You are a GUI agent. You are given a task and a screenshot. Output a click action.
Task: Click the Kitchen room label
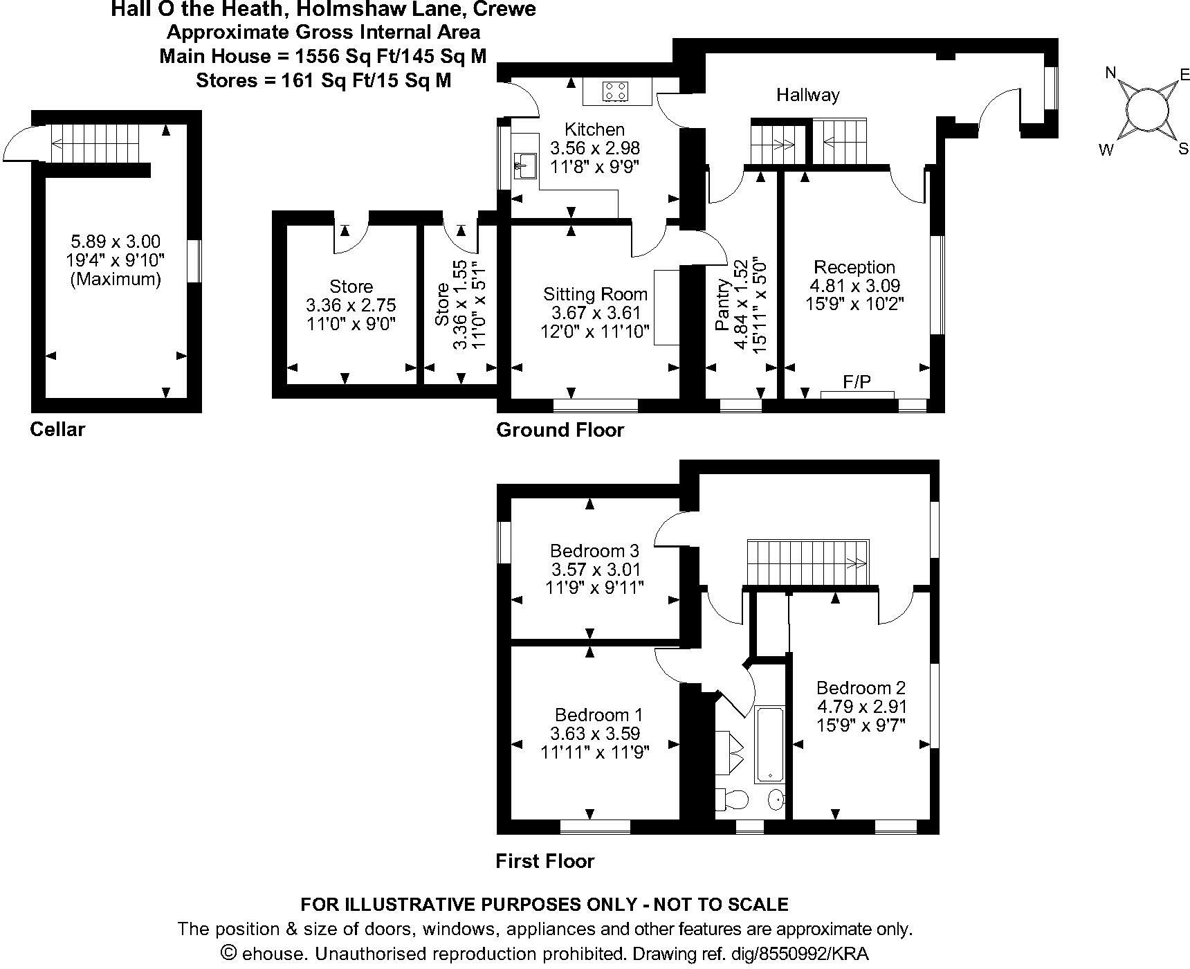click(594, 129)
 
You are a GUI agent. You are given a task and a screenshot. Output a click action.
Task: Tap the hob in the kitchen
click(616, 91)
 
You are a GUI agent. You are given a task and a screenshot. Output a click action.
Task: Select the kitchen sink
click(527, 165)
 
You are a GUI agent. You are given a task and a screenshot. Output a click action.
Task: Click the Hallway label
click(807, 95)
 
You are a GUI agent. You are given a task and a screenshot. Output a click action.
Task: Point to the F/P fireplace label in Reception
click(857, 381)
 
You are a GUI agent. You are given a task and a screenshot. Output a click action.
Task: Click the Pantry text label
click(723, 305)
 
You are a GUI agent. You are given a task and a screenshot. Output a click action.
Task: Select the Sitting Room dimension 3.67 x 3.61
click(594, 313)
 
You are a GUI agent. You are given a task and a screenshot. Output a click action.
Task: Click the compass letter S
click(1182, 148)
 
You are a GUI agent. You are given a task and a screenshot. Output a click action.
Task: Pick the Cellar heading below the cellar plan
click(57, 429)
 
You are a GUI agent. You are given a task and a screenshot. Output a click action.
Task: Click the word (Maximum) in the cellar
click(116, 279)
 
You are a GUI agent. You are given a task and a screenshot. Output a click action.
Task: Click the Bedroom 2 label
click(861, 687)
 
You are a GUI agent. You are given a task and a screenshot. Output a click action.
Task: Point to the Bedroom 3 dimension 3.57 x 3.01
click(595, 569)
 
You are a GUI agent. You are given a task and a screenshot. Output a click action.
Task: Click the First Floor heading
click(545, 861)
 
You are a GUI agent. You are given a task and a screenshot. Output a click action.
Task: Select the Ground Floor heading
click(560, 430)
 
